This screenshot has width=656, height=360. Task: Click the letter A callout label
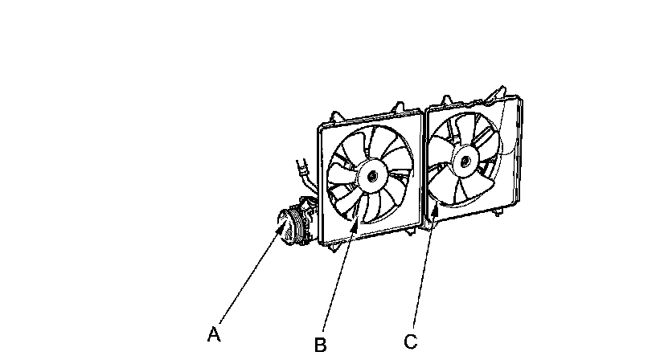pyautogui.click(x=213, y=334)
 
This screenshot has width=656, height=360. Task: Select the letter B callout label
pyautogui.click(x=320, y=345)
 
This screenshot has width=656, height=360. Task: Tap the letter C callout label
pyautogui.click(x=410, y=342)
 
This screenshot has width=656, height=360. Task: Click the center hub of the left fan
pyautogui.click(x=371, y=174)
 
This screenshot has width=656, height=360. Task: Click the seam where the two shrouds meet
pyautogui.click(x=423, y=169)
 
